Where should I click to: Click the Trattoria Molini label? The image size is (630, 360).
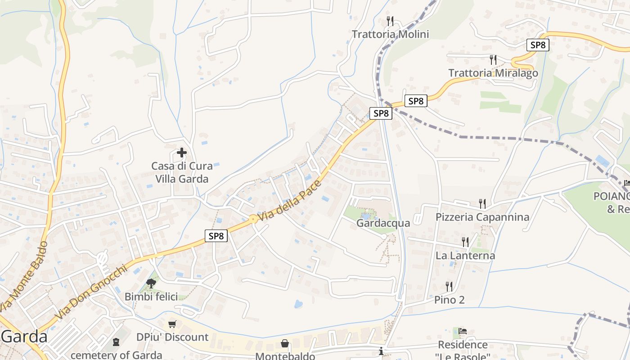[x=390, y=34]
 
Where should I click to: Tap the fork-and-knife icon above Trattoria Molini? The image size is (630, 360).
[x=390, y=21]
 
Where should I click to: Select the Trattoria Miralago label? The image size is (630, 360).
[x=493, y=73]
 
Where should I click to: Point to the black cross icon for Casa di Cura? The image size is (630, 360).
[x=182, y=153]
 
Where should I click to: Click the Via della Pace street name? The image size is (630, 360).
[x=290, y=201]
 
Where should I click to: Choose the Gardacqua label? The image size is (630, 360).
[x=383, y=223]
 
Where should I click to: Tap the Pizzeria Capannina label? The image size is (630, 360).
[x=482, y=217]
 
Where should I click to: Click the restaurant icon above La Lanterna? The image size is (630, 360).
[x=465, y=242]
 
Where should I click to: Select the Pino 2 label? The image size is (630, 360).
[x=449, y=300]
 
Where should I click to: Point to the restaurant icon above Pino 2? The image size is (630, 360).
[x=449, y=286]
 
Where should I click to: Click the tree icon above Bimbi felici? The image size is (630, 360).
[x=151, y=283]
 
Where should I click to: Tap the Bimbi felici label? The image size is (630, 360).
[x=151, y=297]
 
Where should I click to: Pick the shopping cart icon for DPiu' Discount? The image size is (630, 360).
[x=172, y=324]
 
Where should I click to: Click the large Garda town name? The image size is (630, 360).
[x=25, y=337]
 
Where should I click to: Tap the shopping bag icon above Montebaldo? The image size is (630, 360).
[x=285, y=344]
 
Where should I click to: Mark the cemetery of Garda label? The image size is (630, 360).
[x=116, y=355]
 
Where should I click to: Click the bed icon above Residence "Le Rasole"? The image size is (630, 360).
[x=463, y=332]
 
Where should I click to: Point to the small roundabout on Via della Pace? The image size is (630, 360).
[x=253, y=219]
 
